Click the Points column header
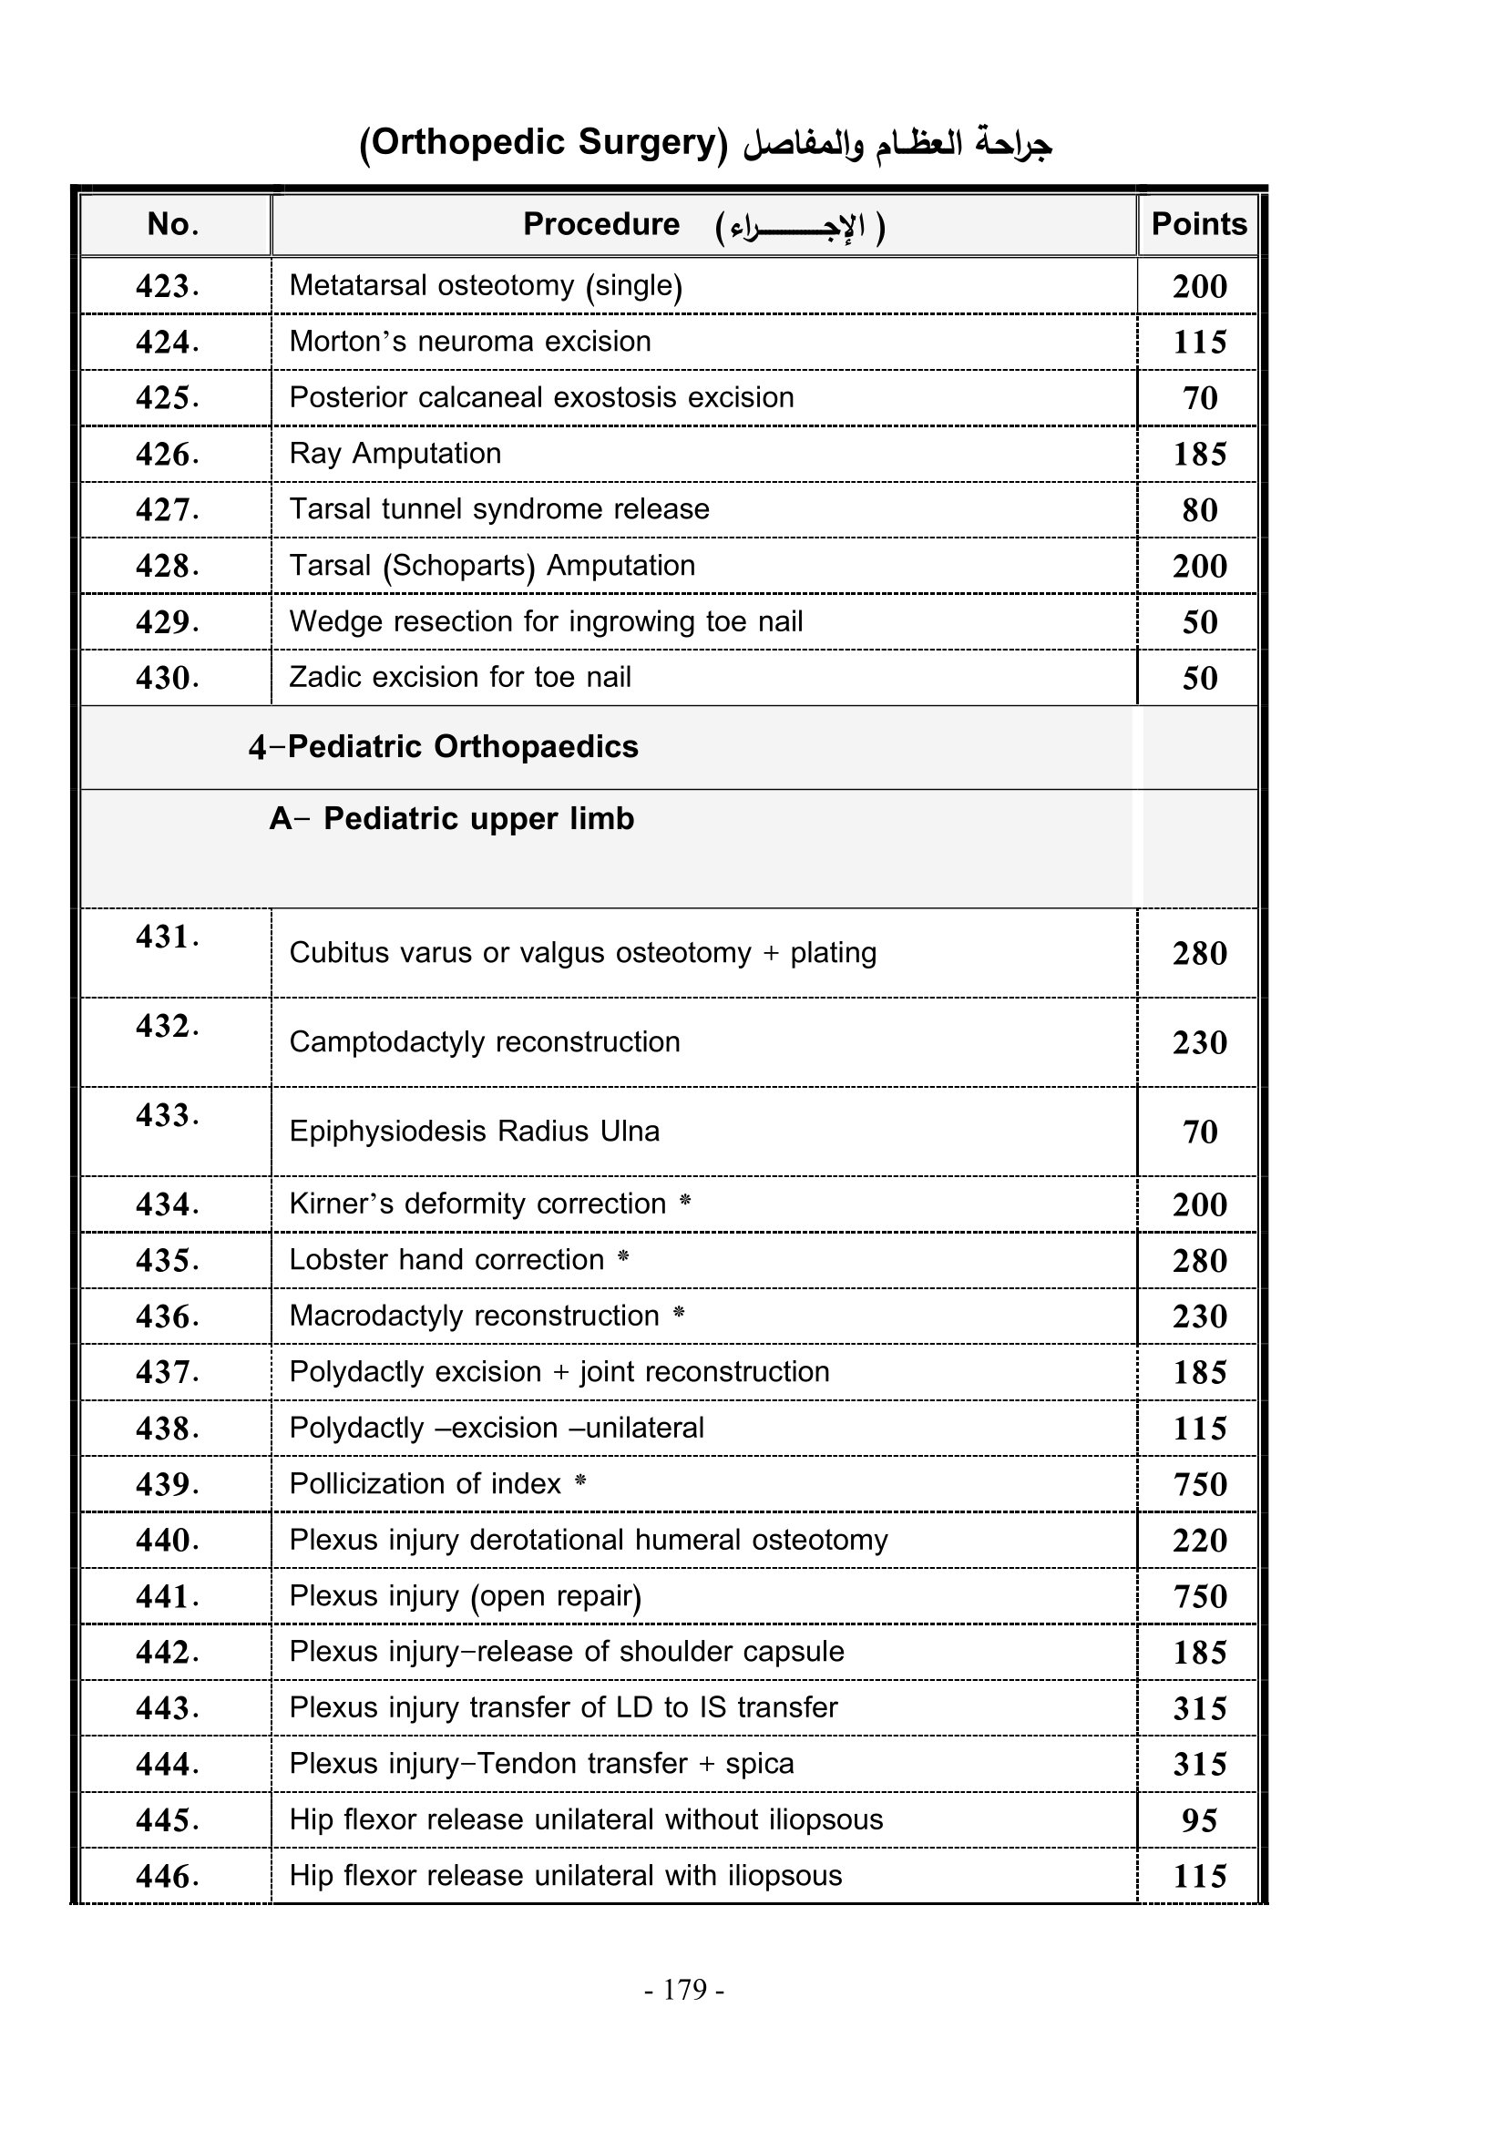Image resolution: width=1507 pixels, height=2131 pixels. [1198, 225]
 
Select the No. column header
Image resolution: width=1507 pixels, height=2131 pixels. [173, 225]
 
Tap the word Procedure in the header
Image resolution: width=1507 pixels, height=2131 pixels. [601, 225]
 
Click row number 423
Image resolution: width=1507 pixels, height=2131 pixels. [167, 286]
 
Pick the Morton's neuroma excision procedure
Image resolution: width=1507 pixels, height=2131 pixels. [469, 342]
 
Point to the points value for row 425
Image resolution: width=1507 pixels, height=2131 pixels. [1199, 398]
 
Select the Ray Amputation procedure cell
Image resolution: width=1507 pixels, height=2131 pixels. [395, 454]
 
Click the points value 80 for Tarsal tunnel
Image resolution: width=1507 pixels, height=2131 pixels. [1199, 510]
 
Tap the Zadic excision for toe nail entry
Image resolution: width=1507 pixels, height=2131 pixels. [459, 678]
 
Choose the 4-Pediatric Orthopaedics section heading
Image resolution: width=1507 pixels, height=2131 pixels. [444, 747]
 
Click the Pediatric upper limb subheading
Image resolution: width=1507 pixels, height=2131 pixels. [452, 820]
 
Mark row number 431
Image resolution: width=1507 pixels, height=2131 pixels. [167, 937]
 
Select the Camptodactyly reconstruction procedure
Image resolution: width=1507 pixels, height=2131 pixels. [485, 1042]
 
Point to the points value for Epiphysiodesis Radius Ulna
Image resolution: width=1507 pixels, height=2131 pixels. [1199, 1132]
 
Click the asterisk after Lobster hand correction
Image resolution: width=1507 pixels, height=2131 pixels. [623, 1257]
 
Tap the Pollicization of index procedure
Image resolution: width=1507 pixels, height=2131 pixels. [425, 1484]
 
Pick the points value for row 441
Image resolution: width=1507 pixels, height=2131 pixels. [1199, 1596]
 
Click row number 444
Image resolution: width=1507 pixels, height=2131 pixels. [167, 1764]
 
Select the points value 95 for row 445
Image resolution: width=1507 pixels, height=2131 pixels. [1199, 1820]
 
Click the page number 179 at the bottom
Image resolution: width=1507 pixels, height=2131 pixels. [685, 1989]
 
